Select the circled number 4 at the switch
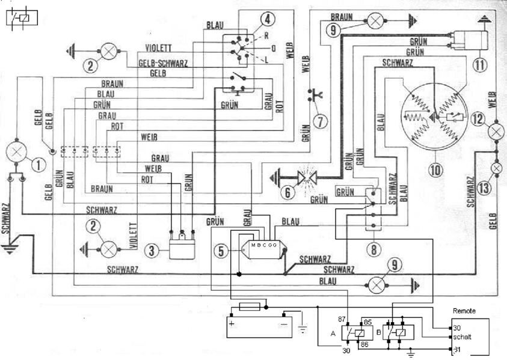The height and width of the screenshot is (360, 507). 251,19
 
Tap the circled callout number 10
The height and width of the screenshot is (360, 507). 435,170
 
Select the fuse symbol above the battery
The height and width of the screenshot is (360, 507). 249,307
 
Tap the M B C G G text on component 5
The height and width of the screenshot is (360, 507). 264,245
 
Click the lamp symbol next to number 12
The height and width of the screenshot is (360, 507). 496,131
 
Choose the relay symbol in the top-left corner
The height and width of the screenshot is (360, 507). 19,19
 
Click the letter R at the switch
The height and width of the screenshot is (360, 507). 266,36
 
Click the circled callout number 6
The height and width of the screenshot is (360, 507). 287,192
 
